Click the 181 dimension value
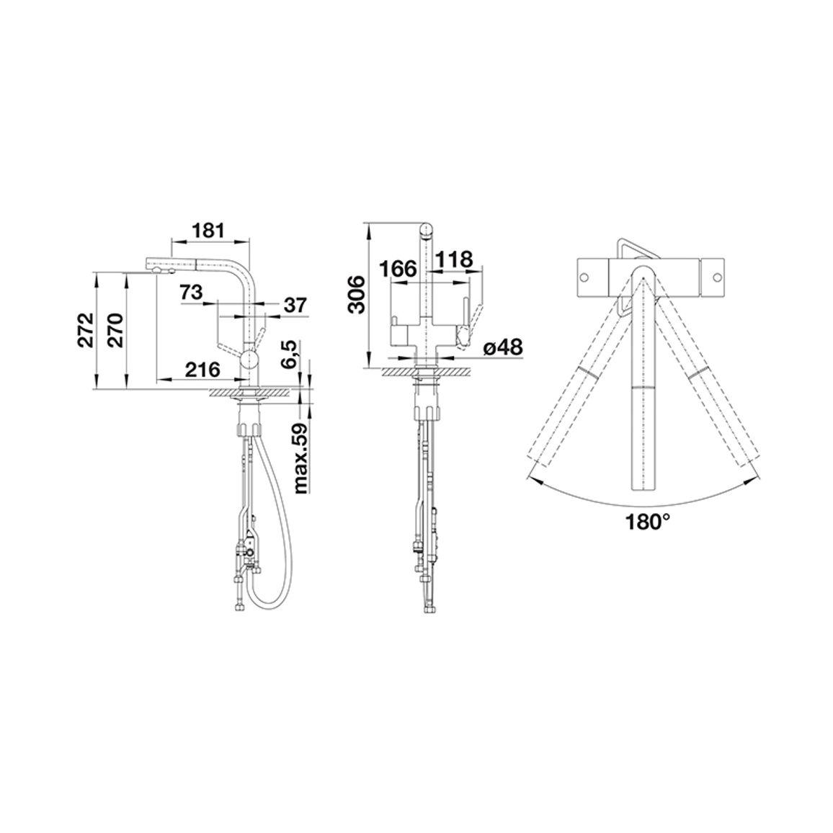point(209,231)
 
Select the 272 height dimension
point(86,330)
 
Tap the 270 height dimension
point(116,330)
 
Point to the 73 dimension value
point(191,292)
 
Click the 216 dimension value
point(202,369)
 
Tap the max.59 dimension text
point(301,458)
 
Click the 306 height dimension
point(357,294)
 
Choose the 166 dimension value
point(398,269)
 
